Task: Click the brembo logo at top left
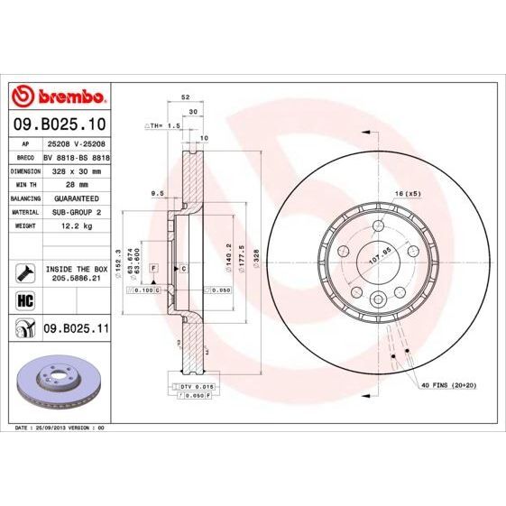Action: [58, 97]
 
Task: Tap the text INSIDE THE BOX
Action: [77, 269]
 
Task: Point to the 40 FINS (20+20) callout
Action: [448, 385]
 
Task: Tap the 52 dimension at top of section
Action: [186, 96]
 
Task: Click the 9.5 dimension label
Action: [156, 192]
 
